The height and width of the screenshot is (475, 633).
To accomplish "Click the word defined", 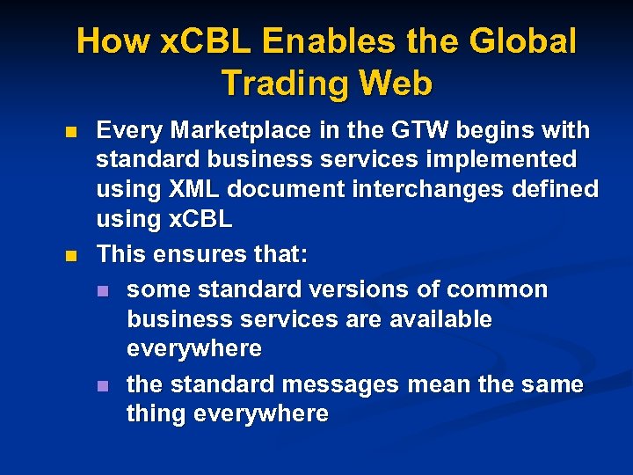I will [x=559, y=189].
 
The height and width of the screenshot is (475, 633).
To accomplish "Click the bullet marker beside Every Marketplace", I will [x=71, y=133].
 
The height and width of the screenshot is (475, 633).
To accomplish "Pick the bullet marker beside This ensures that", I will [x=71, y=256].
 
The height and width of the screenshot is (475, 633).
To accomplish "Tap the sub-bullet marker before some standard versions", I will [x=103, y=291].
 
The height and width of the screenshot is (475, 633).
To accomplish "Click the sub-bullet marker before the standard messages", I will [x=103, y=386].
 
